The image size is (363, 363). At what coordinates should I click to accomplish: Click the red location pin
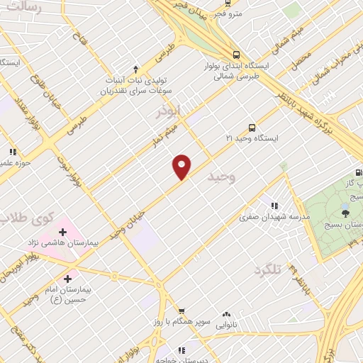[x=182, y=166]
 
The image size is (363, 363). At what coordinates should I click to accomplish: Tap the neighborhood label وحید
[x=220, y=178]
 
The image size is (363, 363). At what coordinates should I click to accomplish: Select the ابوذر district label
[x=169, y=111]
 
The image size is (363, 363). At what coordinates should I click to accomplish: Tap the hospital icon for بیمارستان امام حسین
[x=68, y=278]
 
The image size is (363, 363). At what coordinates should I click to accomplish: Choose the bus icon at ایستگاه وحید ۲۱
[x=252, y=128]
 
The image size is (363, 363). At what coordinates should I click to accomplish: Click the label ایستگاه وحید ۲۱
[x=252, y=139]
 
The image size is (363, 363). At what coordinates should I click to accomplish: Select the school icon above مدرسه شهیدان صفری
[x=274, y=206]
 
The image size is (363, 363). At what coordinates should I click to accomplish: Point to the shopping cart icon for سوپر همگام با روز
[x=181, y=311]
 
